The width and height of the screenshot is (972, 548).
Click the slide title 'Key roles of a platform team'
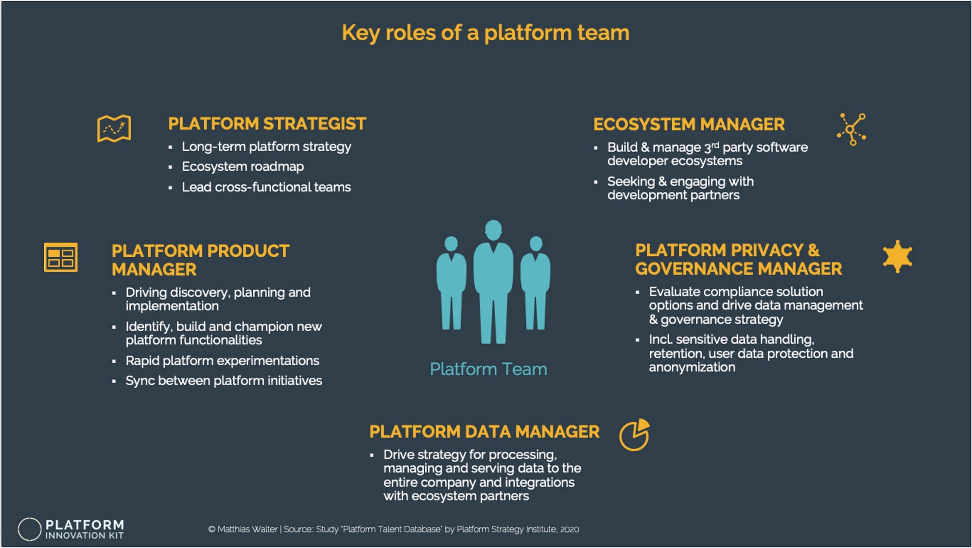486,33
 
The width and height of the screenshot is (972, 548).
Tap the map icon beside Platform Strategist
114,128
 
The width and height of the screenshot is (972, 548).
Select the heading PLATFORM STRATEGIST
267,124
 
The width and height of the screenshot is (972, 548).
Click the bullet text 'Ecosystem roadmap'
243,167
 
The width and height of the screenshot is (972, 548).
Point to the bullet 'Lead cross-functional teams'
266,187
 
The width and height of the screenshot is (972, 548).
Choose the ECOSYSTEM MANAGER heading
689,124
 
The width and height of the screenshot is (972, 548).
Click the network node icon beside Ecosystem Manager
851,129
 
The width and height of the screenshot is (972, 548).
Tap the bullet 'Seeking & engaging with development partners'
680,188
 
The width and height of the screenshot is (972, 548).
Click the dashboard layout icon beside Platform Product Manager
61,257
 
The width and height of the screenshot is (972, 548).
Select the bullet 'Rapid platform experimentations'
222,361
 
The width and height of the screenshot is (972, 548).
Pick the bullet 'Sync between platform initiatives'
224,381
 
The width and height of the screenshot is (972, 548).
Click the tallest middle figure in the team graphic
493,282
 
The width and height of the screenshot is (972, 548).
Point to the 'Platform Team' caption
488,369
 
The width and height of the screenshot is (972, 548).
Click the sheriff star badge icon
897,256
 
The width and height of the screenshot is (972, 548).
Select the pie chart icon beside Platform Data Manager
634,435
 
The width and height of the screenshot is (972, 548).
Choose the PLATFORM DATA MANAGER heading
484,432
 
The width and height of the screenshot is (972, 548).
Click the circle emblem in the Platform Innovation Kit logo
30,529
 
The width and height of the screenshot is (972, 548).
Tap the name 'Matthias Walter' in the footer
247,530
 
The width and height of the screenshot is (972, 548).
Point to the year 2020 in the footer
569,530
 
